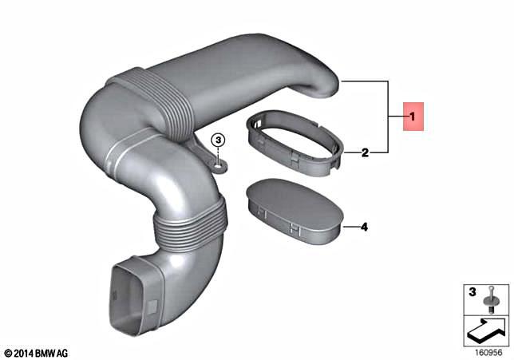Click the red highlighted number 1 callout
tap(412, 117)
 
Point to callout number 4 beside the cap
tap(363, 227)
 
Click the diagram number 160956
tap(486, 351)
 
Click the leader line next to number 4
tap(348, 227)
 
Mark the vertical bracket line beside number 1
tap(388, 116)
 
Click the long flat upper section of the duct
tap(239, 80)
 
